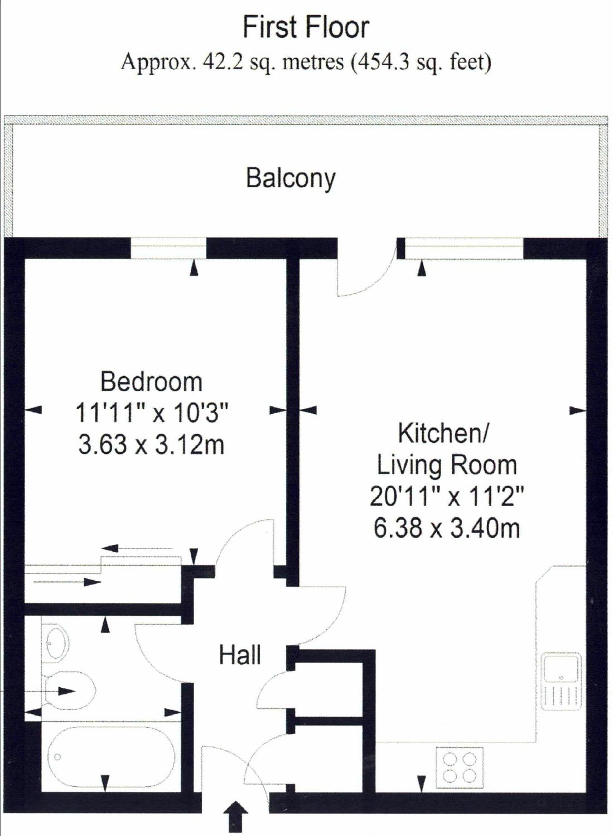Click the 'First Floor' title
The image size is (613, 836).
[x=306, y=28]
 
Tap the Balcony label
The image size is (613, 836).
[x=291, y=179]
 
